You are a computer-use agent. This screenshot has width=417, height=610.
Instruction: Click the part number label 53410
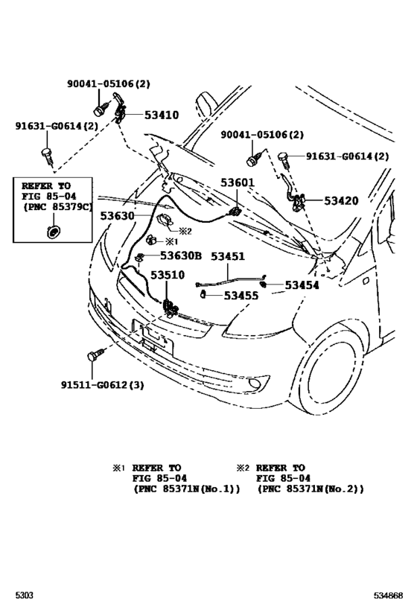click(x=162, y=115)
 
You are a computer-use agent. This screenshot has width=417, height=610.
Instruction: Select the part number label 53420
click(x=341, y=200)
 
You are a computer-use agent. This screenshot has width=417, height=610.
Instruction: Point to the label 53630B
click(x=176, y=255)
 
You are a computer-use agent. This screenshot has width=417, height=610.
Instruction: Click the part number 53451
click(x=227, y=255)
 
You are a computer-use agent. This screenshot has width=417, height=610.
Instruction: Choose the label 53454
click(x=301, y=285)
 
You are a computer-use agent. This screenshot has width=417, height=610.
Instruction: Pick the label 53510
click(x=168, y=274)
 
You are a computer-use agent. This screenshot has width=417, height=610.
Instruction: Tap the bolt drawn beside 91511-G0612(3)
click(x=95, y=356)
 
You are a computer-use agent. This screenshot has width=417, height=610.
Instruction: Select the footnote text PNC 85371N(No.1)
click(x=186, y=490)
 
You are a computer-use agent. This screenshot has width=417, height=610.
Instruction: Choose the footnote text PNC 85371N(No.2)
click(x=310, y=490)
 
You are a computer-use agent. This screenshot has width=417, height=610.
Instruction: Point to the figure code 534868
click(x=388, y=597)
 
